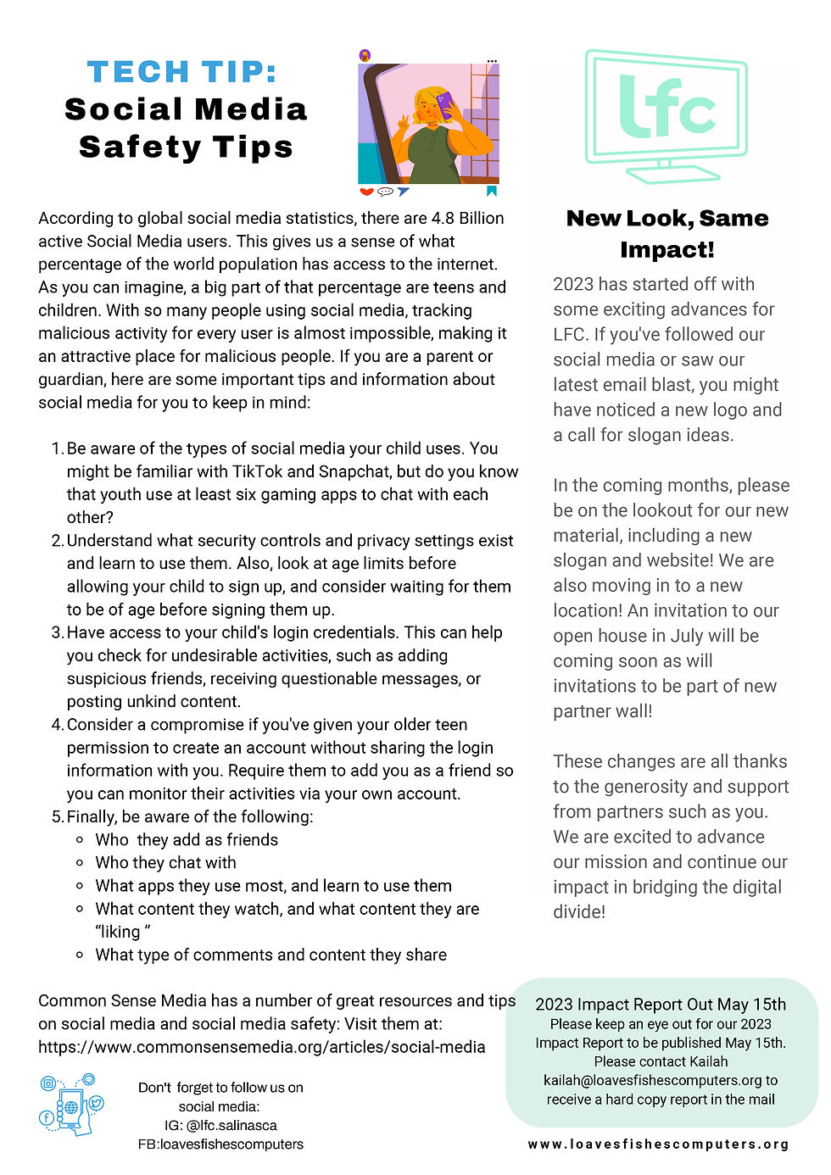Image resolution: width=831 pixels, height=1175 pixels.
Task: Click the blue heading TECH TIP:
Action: (181, 72)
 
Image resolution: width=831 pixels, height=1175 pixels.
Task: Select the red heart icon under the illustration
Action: (366, 192)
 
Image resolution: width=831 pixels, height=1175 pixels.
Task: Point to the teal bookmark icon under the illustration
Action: (492, 192)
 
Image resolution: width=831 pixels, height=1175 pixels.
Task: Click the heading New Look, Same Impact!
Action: (667, 234)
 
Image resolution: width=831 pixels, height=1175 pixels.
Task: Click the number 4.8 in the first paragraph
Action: (443, 218)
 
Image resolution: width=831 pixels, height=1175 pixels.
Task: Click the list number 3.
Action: (57, 632)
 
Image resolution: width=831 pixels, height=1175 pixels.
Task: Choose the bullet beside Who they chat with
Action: (80, 863)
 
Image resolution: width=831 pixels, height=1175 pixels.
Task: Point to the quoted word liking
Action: (120, 932)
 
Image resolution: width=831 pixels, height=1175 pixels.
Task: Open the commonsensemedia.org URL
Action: (262, 1047)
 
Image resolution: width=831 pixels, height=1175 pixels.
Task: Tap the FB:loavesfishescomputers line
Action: (220, 1144)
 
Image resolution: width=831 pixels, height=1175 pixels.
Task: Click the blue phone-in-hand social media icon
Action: (71, 1105)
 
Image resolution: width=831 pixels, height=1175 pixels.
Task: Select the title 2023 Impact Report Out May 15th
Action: (661, 1005)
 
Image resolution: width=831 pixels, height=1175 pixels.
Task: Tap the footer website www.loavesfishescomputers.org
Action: (658, 1144)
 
